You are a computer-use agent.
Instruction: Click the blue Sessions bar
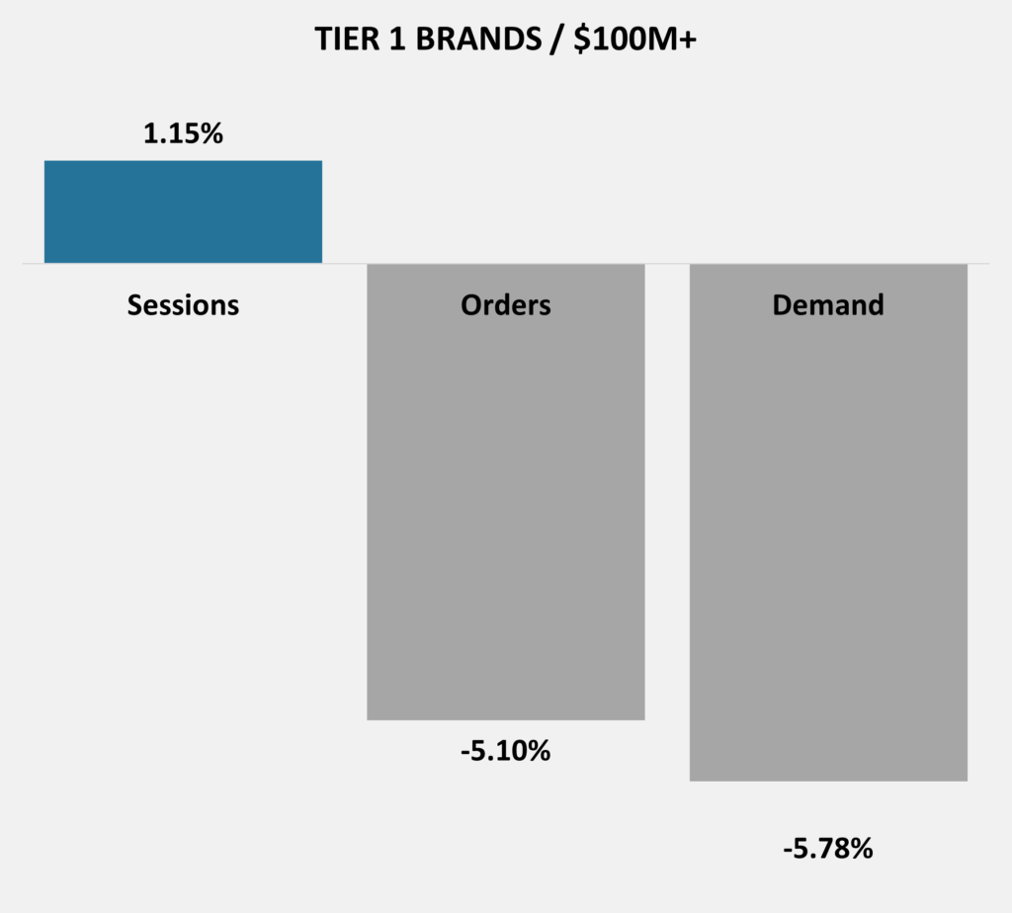(183, 211)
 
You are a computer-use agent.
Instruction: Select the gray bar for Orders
(506, 492)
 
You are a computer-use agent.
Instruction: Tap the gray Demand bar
(829, 523)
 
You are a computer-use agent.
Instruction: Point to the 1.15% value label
(183, 133)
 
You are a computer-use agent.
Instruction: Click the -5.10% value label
(506, 751)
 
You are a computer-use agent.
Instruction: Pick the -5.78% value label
(828, 849)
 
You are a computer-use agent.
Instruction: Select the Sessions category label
(183, 305)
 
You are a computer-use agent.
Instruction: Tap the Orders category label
(506, 305)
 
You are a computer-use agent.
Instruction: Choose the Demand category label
(828, 305)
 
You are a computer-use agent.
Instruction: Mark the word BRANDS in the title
(478, 40)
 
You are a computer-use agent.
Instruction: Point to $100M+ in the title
(635, 40)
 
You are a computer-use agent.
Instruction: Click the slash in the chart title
(557, 40)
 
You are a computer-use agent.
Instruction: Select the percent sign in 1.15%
(211, 133)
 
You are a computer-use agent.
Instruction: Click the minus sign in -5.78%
(788, 851)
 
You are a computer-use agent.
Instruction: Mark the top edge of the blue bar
(183, 161)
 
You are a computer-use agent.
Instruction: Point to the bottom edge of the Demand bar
(829, 781)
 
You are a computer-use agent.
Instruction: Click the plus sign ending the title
(688, 41)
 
